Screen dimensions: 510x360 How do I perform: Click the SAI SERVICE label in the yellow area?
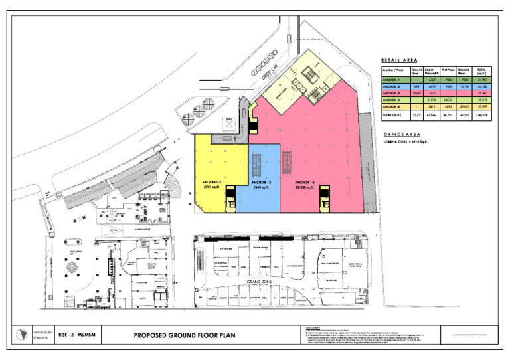pyautogui.click(x=211, y=181)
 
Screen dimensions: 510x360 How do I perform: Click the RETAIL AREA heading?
pyautogui.click(x=398, y=60)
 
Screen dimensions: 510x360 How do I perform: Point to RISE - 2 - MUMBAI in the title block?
pyautogui.click(x=77, y=335)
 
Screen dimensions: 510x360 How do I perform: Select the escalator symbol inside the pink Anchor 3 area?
pyautogui.click(x=288, y=159)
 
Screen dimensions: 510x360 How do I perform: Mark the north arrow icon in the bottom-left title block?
pyautogui.click(x=26, y=335)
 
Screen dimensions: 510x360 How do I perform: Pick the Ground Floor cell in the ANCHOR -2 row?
pyautogui.click(x=417, y=88)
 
